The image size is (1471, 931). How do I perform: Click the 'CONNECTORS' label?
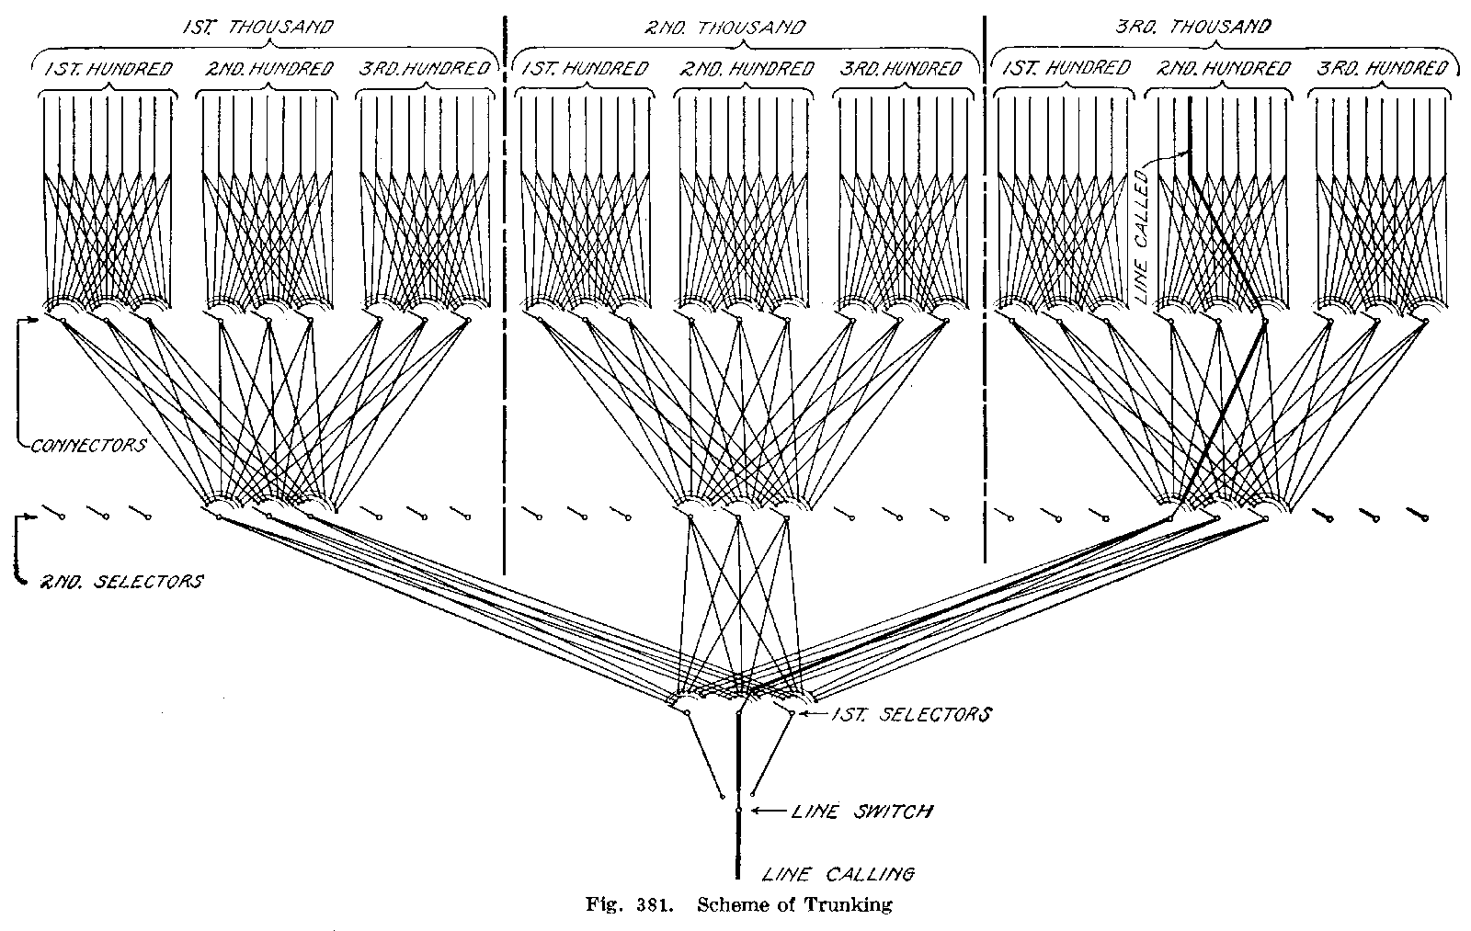pyautogui.click(x=88, y=446)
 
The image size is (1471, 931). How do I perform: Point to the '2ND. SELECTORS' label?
pyautogui.click(x=120, y=582)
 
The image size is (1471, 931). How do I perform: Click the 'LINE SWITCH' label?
pyautogui.click(x=861, y=812)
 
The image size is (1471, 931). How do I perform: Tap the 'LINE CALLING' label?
pyautogui.click(x=837, y=874)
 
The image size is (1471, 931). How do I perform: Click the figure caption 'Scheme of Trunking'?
pyautogui.click(x=795, y=905)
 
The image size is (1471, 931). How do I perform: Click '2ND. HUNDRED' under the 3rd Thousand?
pyautogui.click(x=1224, y=69)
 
